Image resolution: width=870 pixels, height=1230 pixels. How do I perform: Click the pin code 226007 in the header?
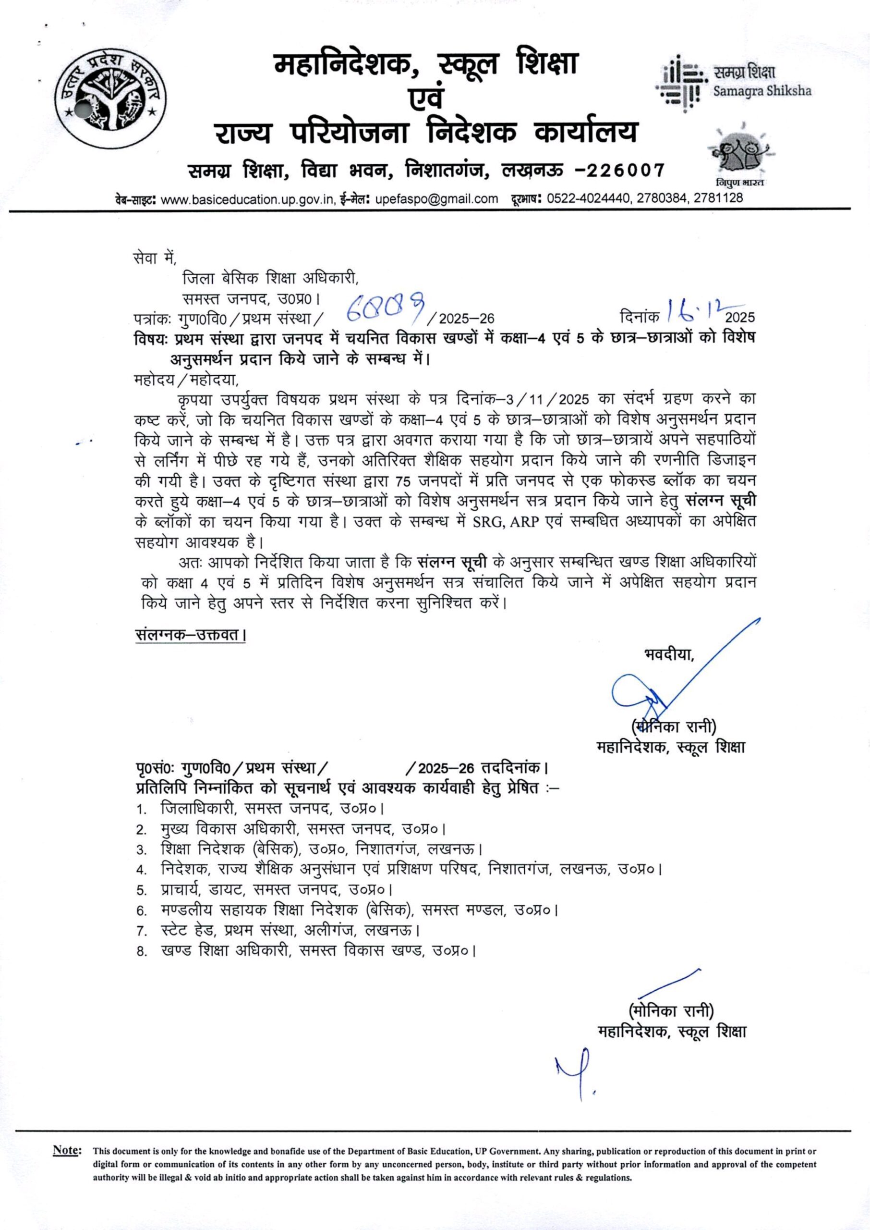(625, 171)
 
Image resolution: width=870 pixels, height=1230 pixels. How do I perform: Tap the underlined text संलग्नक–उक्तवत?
(190, 636)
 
